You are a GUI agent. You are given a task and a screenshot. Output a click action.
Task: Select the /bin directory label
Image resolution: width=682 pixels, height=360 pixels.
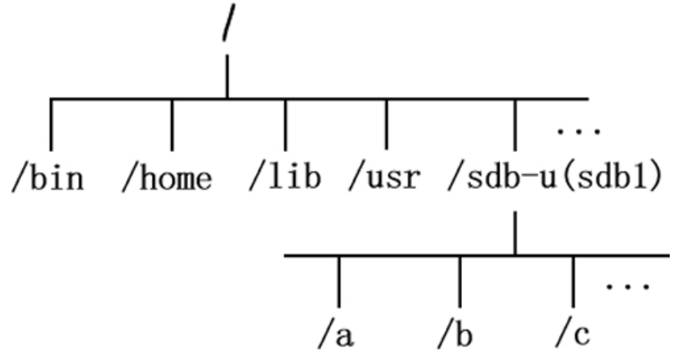[x=48, y=178]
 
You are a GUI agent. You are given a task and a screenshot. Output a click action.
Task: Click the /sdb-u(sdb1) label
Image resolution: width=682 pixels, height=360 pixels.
[x=554, y=178]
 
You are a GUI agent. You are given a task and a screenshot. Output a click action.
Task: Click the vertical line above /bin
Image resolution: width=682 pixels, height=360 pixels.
[x=51, y=124]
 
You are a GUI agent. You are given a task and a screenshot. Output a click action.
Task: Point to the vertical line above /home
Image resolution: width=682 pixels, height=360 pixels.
[x=171, y=124]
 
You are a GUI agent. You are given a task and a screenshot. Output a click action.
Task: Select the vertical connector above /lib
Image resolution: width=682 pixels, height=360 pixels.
[x=285, y=124]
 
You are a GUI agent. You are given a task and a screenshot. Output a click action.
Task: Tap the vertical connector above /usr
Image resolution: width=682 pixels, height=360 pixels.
[x=386, y=124]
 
